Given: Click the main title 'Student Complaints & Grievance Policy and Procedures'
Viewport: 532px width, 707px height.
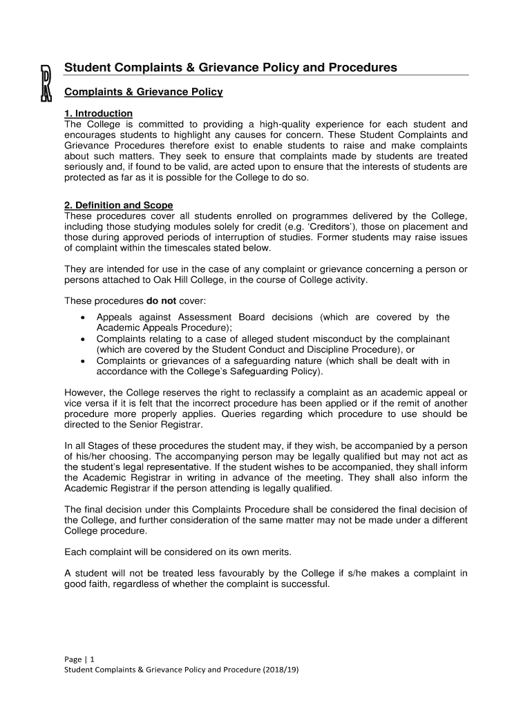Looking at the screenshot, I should click(230, 68).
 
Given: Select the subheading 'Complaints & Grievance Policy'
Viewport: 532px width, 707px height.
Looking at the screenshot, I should click(143, 92).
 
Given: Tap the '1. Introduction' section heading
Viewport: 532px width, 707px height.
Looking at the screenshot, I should click(98, 113).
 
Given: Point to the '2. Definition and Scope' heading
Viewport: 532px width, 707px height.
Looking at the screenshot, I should click(118, 206).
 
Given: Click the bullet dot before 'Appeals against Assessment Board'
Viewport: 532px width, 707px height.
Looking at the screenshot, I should click(83, 318).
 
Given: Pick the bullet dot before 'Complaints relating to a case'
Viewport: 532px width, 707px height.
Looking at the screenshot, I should click(83, 340).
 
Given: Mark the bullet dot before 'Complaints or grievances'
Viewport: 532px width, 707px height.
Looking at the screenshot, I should click(83, 361).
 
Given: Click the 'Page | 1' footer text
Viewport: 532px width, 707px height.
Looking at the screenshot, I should click(79, 659).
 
